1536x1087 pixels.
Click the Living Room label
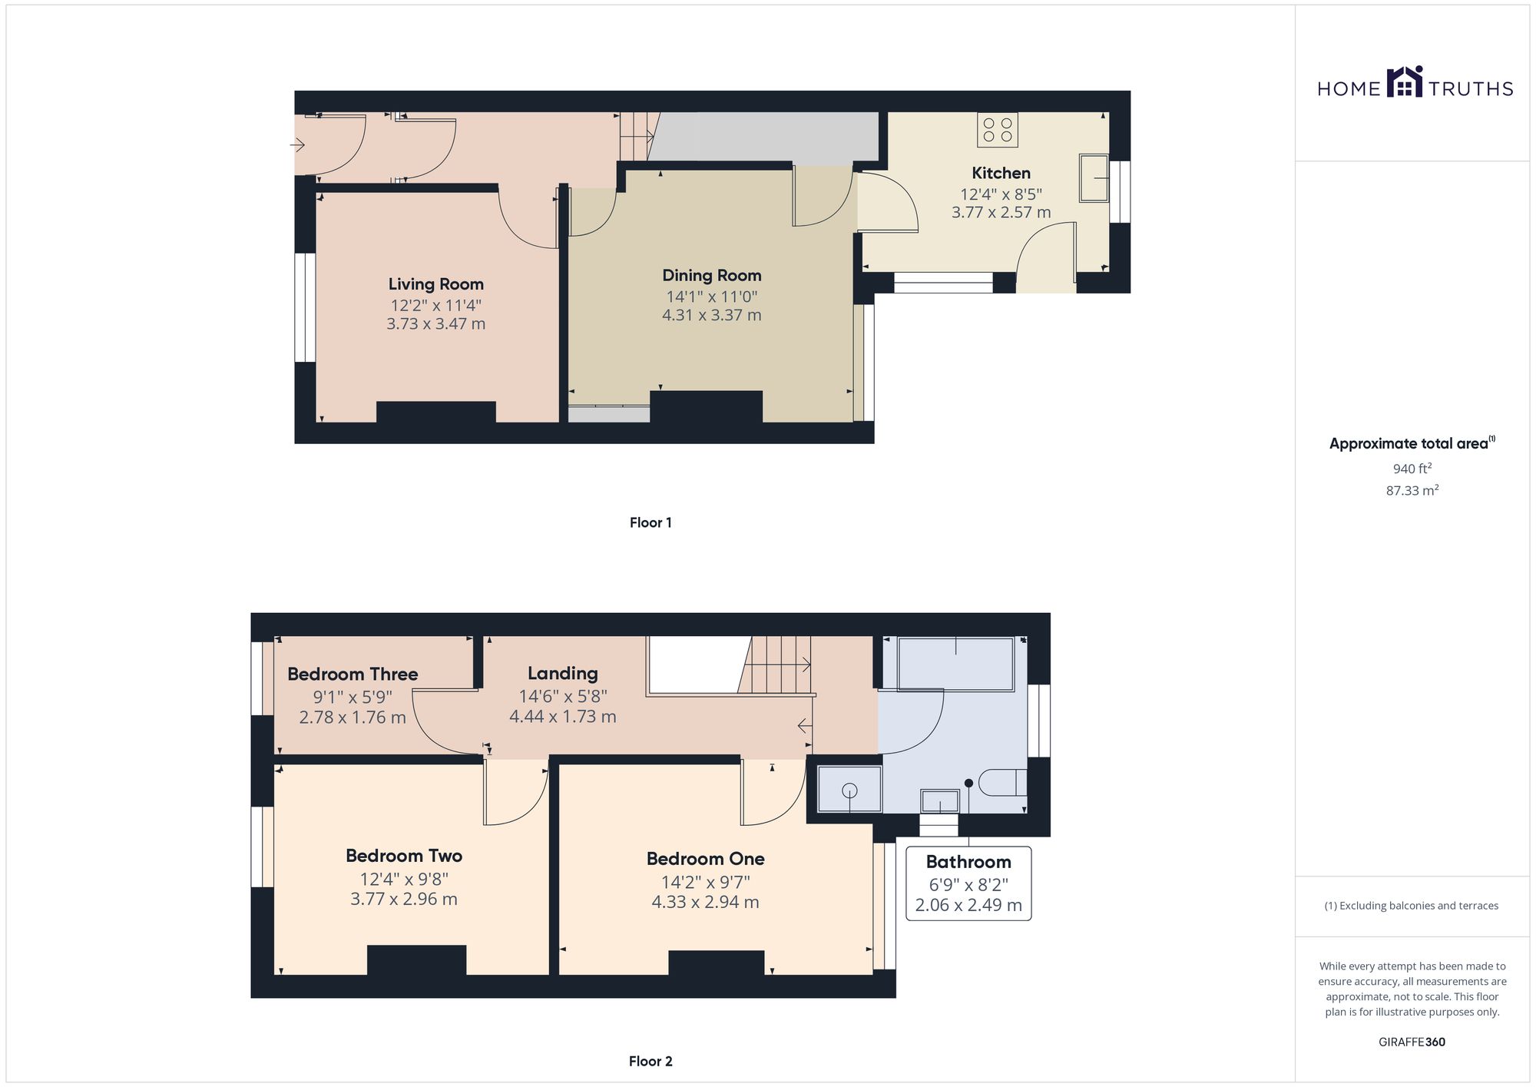tap(435, 284)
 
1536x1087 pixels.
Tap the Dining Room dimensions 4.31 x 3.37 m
tap(711, 315)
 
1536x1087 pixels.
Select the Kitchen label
tap(1001, 173)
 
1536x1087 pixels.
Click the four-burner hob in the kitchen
tap(997, 130)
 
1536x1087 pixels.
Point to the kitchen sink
tap(1094, 178)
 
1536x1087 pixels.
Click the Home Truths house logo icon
tap(1405, 82)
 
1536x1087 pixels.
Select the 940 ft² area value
tap(1412, 469)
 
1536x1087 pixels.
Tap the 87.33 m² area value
tap(1412, 490)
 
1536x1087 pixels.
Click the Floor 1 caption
tap(650, 522)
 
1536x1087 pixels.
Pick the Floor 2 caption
tap(650, 1061)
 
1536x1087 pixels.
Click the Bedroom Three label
tap(353, 674)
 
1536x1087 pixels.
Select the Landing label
tap(562, 673)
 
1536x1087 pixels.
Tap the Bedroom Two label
tap(404, 856)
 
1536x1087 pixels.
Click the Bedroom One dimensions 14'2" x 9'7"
tap(705, 882)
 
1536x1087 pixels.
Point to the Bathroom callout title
tap(968, 862)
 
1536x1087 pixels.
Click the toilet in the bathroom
tap(1004, 782)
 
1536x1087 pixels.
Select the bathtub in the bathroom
tap(955, 664)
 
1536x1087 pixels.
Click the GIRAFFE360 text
tap(1412, 1042)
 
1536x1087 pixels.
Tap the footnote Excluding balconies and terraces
tap(1412, 906)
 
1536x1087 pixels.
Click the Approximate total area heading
tap(1412, 443)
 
